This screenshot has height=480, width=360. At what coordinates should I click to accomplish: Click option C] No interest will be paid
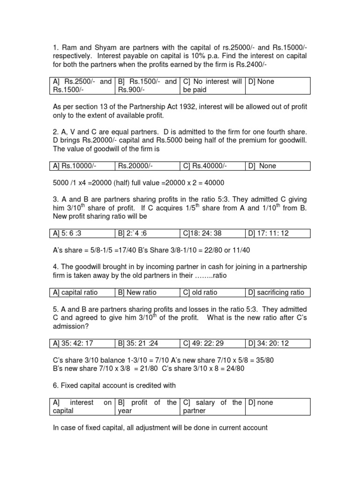(x=212, y=86)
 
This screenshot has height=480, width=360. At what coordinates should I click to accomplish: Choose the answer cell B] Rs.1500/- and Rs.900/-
(x=147, y=86)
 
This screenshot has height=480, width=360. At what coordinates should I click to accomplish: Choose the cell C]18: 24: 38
(x=205, y=233)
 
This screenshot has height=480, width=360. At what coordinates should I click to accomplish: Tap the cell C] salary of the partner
(x=212, y=406)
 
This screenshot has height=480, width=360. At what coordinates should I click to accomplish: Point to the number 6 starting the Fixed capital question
(x=54, y=385)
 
